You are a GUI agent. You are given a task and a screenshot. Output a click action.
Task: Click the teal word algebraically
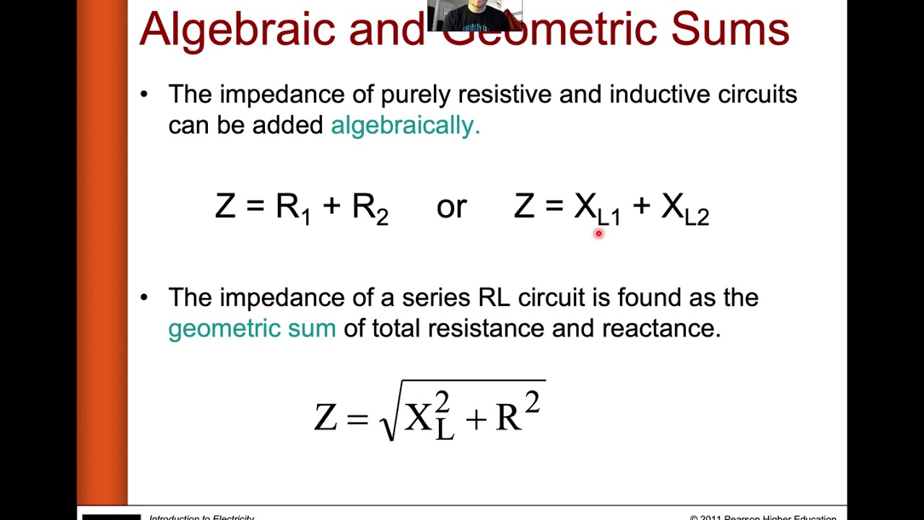pyautogui.click(x=405, y=126)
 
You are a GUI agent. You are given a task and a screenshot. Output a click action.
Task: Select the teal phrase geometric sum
pyautogui.click(x=252, y=329)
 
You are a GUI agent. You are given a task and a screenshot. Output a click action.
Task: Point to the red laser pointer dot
pyautogui.click(x=598, y=233)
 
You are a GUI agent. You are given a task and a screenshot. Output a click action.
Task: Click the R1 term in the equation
pyautogui.click(x=293, y=208)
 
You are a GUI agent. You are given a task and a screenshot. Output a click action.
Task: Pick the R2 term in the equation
pyautogui.click(x=370, y=208)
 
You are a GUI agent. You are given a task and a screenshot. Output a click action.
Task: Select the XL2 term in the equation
pyautogui.click(x=685, y=209)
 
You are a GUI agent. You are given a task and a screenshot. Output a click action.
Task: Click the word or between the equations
pyautogui.click(x=451, y=207)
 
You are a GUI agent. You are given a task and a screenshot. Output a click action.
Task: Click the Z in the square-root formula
pyautogui.click(x=326, y=417)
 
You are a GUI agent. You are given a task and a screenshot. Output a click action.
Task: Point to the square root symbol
pyautogui.click(x=388, y=419)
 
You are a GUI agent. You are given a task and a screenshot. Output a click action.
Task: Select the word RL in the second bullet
pyautogui.click(x=494, y=298)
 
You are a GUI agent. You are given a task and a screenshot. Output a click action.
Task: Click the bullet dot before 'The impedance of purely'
pyautogui.click(x=144, y=94)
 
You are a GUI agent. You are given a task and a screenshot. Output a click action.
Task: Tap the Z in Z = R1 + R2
pyautogui.click(x=225, y=207)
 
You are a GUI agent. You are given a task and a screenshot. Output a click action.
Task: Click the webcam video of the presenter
pyautogui.click(x=474, y=14)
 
